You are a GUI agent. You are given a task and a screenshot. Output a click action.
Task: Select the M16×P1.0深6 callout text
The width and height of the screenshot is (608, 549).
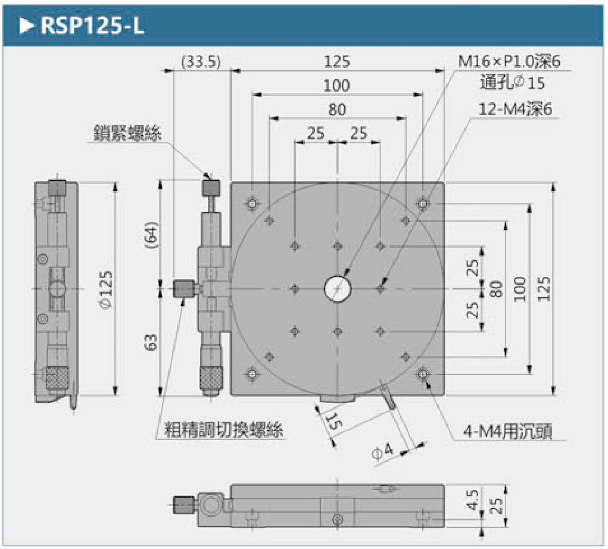tap(509, 61)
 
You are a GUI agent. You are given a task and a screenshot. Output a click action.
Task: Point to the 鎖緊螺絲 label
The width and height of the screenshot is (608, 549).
tap(127, 133)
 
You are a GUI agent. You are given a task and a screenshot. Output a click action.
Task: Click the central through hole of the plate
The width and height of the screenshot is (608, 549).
tap(338, 289)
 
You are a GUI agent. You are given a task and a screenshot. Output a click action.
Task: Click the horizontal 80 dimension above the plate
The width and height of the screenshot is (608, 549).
tap(337, 110)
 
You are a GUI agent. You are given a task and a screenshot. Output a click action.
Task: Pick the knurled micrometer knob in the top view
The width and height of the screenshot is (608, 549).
tap(212, 376)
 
